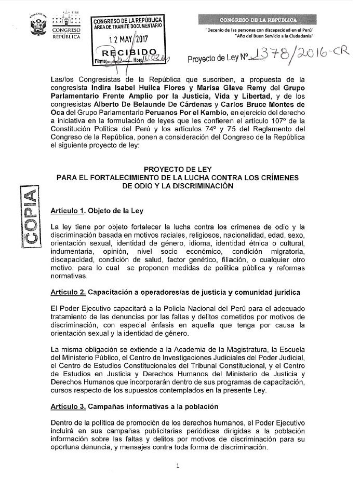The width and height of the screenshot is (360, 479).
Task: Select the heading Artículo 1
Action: [x=68, y=211]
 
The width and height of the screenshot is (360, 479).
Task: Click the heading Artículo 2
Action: [x=68, y=293]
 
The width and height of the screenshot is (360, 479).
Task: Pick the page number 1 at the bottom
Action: [x=178, y=465]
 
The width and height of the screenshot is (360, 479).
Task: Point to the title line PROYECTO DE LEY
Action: [x=178, y=169]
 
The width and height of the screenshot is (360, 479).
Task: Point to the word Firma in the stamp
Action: [x=101, y=61]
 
